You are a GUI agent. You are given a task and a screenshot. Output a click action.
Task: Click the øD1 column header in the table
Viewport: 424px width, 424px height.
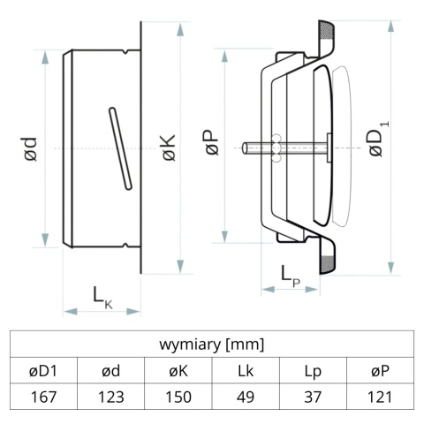pos(43,370)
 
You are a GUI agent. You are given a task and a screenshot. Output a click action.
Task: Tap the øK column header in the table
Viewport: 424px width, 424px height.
pos(178,370)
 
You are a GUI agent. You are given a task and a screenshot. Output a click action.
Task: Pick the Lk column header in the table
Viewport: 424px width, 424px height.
pos(246,370)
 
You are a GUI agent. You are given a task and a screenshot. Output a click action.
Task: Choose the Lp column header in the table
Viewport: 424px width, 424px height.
pos(313,370)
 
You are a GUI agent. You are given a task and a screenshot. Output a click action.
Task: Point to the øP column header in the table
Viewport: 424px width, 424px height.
pos(381,370)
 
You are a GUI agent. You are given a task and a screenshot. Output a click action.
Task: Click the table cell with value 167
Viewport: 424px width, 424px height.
pos(43,397)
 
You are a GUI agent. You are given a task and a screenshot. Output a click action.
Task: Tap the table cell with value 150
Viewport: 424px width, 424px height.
pos(178,397)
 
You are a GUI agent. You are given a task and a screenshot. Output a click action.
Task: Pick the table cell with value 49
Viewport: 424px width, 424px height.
pos(246,397)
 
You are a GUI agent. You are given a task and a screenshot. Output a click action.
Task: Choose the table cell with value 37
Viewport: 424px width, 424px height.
pos(313,397)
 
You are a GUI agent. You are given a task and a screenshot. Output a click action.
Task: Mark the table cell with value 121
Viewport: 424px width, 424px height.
pos(381,397)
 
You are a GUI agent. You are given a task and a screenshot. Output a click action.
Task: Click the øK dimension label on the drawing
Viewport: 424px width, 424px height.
pos(168,148)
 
